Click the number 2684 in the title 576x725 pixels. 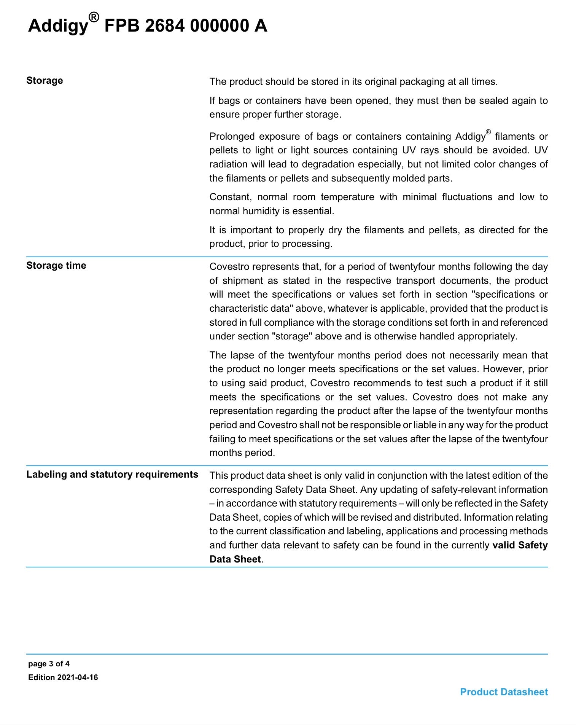click(165, 26)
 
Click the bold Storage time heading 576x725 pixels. click(56, 265)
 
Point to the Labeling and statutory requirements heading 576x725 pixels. click(112, 474)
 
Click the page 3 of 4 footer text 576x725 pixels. click(49, 664)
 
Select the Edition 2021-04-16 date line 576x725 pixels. click(63, 677)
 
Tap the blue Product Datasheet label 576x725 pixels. click(504, 692)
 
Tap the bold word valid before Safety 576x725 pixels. click(503, 545)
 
